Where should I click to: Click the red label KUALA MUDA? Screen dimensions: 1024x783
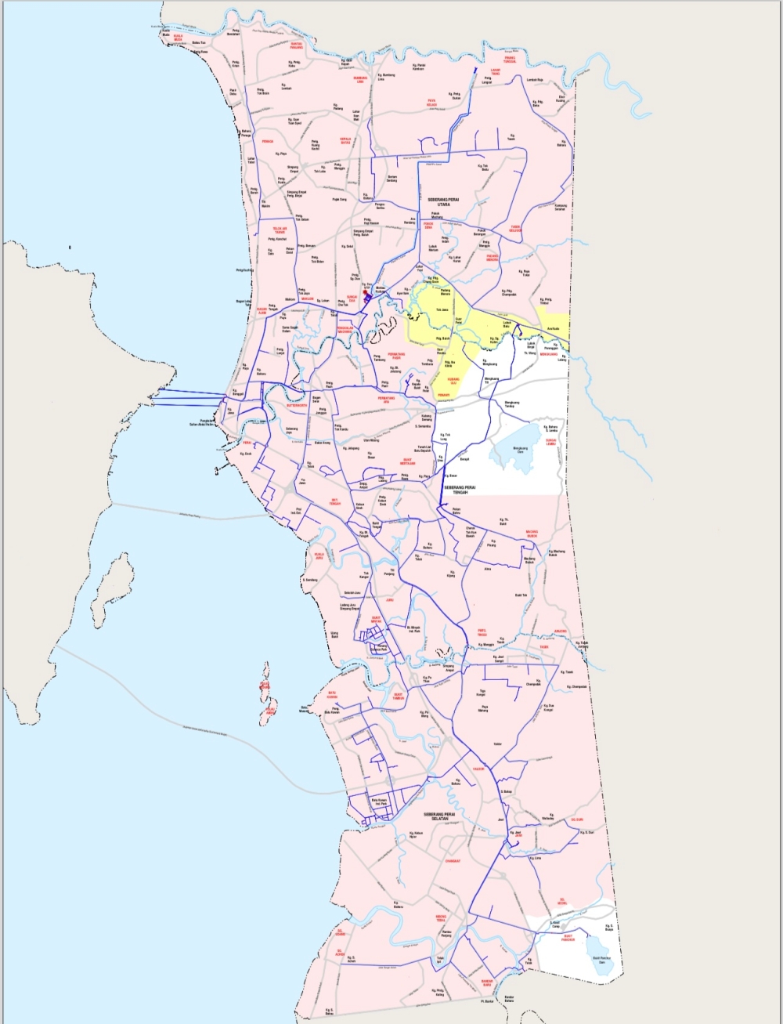tap(178, 36)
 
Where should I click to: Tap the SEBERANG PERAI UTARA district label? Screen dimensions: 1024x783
tap(445, 201)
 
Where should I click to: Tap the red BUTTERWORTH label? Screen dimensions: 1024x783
tap(298, 406)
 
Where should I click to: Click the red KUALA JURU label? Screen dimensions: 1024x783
tap(319, 555)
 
